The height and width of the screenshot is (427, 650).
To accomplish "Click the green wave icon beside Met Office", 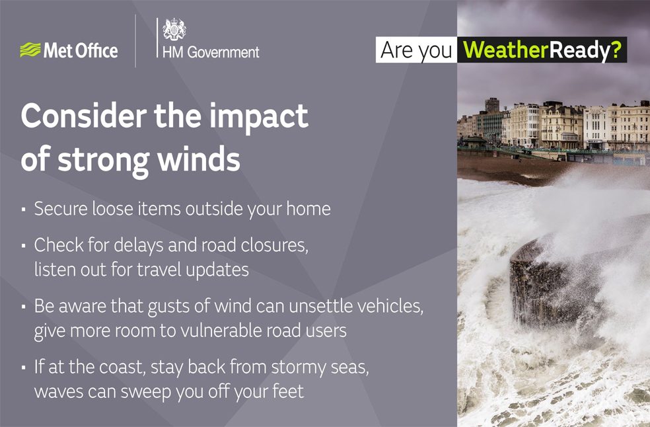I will point(30,51).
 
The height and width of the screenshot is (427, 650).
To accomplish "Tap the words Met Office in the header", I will point(80,51).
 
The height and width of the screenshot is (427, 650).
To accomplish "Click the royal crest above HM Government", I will point(174,30).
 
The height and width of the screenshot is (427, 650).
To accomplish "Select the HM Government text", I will point(211,52).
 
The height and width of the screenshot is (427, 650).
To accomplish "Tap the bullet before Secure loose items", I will point(24,210).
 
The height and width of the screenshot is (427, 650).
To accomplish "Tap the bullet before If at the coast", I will point(24,368).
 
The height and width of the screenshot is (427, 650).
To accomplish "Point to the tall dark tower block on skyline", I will point(492,105).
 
